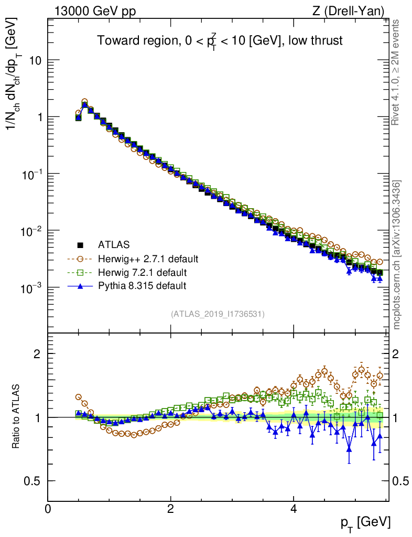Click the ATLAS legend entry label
coord(114,244)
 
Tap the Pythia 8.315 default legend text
coord(142,286)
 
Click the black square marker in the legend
coord(80,245)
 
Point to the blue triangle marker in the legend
coord(80,286)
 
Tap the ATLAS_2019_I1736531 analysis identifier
coord(218,314)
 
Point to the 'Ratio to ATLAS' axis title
coord(16,416)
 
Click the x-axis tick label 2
coord(171,509)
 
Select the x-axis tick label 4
coord(294,509)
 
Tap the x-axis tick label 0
coord(48,509)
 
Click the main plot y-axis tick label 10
coord(35,60)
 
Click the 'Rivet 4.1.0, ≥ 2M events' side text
coord(397,72)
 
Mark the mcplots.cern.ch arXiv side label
coord(397,254)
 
